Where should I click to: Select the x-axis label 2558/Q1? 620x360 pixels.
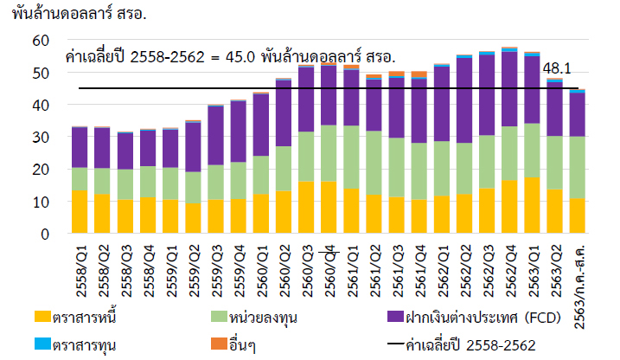tap(80, 264)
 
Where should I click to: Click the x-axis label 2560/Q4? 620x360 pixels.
tap(328, 264)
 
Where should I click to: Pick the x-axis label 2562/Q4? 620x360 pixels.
tap(509, 264)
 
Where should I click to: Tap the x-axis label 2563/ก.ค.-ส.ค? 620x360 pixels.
tap(578, 275)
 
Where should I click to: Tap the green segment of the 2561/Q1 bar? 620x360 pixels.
tap(351, 157)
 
